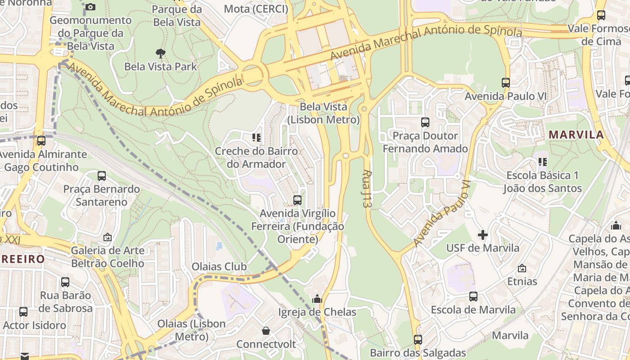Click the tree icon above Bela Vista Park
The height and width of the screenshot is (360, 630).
tap(160, 54)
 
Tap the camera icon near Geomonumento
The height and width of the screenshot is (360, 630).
tap(90, 7)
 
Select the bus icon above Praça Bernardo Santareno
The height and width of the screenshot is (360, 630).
tap(102, 176)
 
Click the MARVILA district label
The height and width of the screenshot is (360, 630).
tap(576, 135)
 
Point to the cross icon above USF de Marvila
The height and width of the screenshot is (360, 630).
tap(483, 234)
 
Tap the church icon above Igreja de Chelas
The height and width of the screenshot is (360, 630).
tap(317, 299)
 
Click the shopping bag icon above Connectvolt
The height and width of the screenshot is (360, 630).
tap(266, 331)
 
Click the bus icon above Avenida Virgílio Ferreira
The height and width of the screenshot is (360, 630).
tap(297, 200)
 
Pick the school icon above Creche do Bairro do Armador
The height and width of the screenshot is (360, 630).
tap(256, 138)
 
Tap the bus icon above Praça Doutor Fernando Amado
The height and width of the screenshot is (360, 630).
tap(425, 122)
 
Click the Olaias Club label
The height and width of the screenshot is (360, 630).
tap(219, 266)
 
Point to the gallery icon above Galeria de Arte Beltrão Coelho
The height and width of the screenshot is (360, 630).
tap(108, 237)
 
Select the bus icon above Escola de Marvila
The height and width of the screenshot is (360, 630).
tap(473, 297)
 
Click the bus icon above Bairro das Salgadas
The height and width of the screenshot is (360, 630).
tap(418, 339)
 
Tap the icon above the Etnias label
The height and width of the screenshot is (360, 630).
tap(522, 268)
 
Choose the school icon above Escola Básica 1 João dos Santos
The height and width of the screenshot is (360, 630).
tap(542, 162)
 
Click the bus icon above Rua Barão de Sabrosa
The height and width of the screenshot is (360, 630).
tap(65, 282)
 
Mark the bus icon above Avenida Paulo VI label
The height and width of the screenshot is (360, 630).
tap(506, 83)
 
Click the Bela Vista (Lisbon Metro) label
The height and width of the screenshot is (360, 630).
tap(324, 113)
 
